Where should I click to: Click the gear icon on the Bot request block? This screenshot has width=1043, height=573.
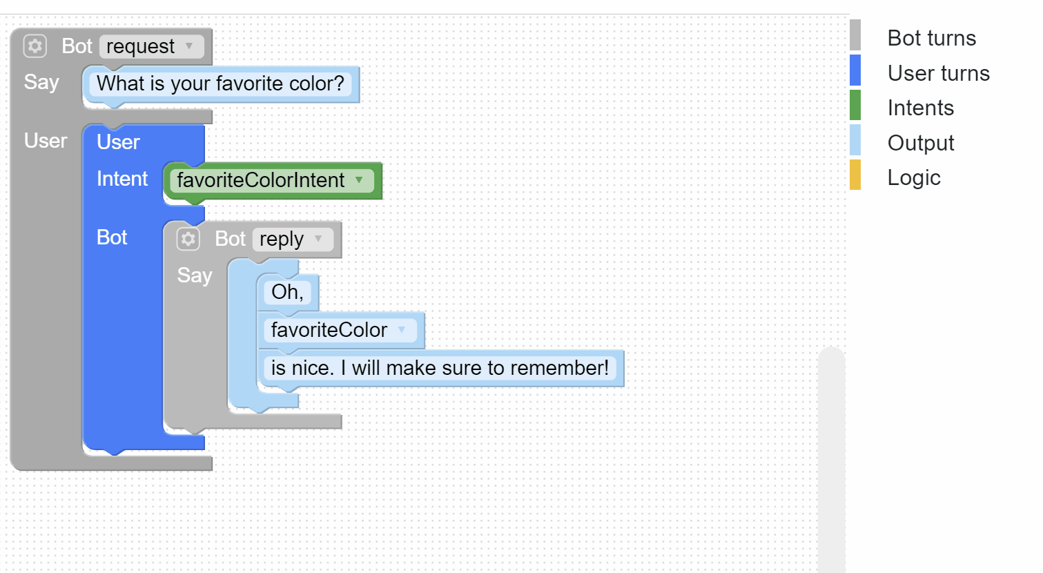point(35,46)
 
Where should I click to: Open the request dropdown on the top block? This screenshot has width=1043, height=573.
point(151,46)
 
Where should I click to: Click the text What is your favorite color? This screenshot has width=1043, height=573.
point(220,84)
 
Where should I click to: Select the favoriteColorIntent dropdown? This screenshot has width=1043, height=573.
point(272,180)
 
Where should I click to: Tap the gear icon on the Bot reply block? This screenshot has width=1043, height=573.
point(188,239)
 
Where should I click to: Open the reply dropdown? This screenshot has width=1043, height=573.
point(293,239)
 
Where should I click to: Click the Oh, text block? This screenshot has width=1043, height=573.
point(287,292)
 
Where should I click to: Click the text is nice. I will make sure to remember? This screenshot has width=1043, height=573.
point(440,368)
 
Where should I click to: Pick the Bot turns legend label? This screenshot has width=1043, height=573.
point(932,38)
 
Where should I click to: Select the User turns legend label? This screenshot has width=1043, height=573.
point(939,73)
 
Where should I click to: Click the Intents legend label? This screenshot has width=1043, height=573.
point(921,108)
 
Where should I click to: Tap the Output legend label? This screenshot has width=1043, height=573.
point(921,143)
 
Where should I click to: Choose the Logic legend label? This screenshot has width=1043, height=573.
point(914,178)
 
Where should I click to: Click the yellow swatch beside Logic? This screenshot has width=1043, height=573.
point(855,175)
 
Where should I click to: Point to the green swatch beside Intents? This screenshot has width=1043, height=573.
point(855,105)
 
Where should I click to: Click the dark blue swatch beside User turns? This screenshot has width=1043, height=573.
point(855,70)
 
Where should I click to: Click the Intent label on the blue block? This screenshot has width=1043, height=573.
point(122,179)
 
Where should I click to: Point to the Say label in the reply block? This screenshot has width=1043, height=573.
point(195,275)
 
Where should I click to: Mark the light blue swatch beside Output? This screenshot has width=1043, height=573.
point(855,139)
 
